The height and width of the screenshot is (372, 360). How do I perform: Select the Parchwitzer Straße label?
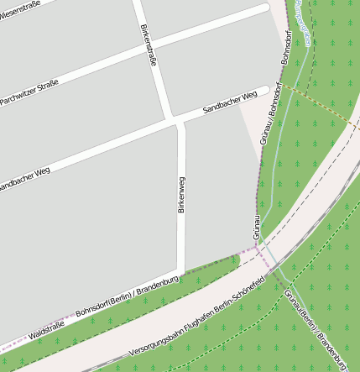(x=29, y=93)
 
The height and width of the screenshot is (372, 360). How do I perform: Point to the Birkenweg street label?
(x=181, y=195)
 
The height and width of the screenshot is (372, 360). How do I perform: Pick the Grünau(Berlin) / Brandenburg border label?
(x=316, y=328)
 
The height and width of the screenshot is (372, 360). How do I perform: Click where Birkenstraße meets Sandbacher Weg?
(x=175, y=120)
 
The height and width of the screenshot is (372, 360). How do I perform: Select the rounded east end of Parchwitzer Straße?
(x=265, y=8)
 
